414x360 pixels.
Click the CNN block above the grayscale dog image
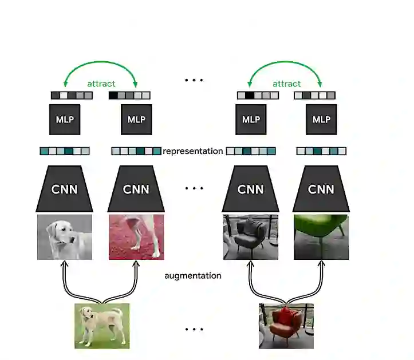(x=65, y=189)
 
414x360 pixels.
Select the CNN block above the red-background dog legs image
(x=136, y=189)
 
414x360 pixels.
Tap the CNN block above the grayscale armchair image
(x=251, y=189)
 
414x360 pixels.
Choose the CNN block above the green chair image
(x=321, y=189)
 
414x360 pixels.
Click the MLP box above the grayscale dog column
(x=65, y=120)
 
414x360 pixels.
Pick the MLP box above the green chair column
(x=321, y=120)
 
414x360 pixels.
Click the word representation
(x=192, y=151)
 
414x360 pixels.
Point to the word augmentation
(x=193, y=275)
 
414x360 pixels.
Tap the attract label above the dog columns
(x=101, y=84)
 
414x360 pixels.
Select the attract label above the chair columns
(x=286, y=84)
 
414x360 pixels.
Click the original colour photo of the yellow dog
(x=102, y=326)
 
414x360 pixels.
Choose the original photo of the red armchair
(x=286, y=326)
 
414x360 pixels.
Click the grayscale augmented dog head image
(x=65, y=237)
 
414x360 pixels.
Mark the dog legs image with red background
(x=136, y=237)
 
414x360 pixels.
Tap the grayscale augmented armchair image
(x=251, y=237)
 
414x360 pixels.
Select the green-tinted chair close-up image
(x=321, y=237)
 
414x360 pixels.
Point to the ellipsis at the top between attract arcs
(x=194, y=81)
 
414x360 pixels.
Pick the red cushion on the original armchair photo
(x=286, y=315)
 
